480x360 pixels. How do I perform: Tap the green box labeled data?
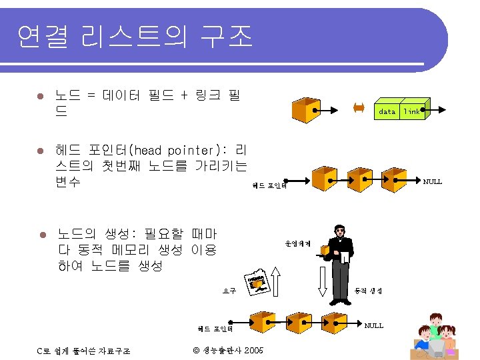point(387,112)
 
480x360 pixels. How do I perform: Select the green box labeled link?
point(412,112)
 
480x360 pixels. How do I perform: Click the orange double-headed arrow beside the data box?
point(358,107)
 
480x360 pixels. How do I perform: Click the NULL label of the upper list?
point(433,181)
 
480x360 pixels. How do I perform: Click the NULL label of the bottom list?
point(374,325)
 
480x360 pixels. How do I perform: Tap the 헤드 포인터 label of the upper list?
point(269,186)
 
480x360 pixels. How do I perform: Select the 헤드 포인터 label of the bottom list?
point(215,328)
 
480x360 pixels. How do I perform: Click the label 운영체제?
point(298,243)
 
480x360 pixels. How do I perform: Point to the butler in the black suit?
point(340,247)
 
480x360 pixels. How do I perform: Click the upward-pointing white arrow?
point(278,280)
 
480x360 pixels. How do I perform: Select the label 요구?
point(229,290)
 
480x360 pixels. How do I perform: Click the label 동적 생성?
point(368,290)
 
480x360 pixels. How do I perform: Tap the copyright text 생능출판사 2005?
point(228,351)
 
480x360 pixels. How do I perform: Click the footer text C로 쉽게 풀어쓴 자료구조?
point(83,351)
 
